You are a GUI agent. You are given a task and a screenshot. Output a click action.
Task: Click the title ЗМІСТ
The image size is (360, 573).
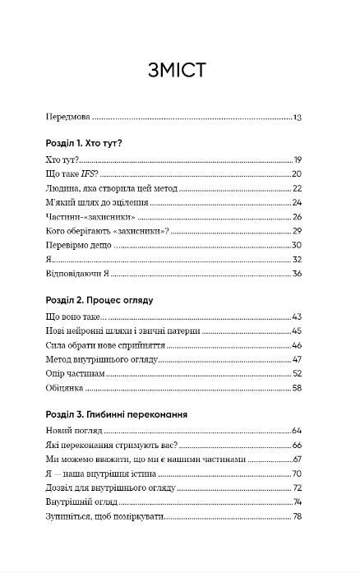point(179,70)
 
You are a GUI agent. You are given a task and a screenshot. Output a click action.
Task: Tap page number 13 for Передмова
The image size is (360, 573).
point(298,118)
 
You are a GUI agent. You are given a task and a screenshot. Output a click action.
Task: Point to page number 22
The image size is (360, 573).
point(298,188)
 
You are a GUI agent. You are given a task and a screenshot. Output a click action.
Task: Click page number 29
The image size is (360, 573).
point(298,231)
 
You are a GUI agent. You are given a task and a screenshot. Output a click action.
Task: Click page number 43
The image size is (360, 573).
point(298,317)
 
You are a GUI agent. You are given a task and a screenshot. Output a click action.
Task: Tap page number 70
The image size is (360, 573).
point(298,474)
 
